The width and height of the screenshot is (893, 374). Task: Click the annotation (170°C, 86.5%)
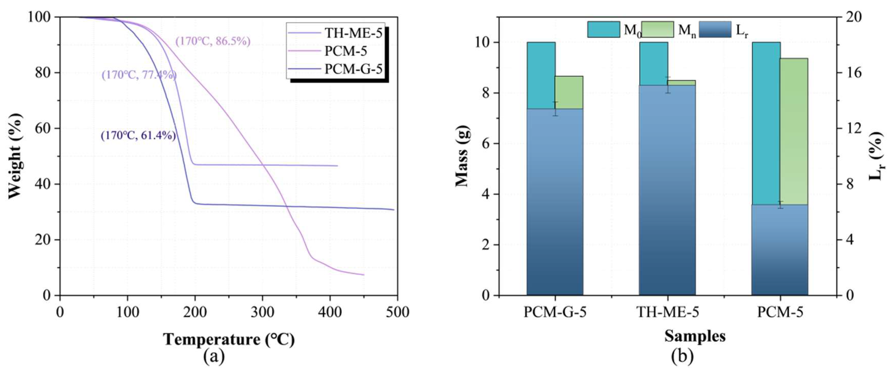213,41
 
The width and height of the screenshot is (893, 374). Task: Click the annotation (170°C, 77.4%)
139,75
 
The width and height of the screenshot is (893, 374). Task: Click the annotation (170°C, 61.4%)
138,135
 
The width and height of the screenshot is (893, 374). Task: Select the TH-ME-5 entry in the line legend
353,33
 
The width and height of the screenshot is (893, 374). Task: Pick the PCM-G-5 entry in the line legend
353,69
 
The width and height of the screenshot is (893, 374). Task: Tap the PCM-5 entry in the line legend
346,51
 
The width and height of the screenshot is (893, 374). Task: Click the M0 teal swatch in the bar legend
604,30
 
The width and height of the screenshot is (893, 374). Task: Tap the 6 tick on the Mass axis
487,143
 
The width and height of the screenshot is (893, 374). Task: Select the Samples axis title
695,336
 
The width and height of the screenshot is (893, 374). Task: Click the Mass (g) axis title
462,156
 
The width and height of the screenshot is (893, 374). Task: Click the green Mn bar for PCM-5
794,132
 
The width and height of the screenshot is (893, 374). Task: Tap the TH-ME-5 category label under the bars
667,313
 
